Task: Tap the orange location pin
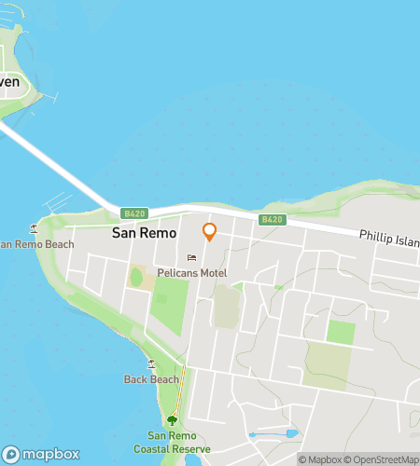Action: click(x=210, y=232)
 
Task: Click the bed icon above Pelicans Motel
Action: click(x=192, y=257)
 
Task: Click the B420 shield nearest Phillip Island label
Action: click(x=272, y=220)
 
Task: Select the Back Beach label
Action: click(x=151, y=379)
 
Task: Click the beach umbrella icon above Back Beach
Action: click(x=151, y=363)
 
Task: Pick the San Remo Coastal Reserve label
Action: click(x=172, y=442)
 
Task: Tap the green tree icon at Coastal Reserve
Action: click(x=172, y=420)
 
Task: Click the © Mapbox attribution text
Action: click(x=319, y=459)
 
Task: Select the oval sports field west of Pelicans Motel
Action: click(x=136, y=277)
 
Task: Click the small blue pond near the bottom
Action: click(x=290, y=434)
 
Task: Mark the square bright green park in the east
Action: click(x=341, y=333)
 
